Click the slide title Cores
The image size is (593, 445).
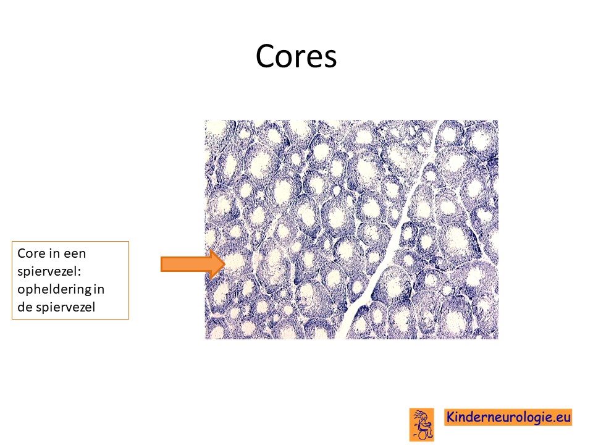(296, 56)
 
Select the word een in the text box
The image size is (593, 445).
(75, 253)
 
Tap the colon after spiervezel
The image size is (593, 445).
(80, 273)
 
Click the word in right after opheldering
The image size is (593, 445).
(99, 289)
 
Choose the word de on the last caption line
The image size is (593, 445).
(25, 307)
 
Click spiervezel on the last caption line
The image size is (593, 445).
(65, 308)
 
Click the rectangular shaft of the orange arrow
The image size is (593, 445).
(186, 264)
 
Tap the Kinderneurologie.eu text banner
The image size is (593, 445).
(508, 417)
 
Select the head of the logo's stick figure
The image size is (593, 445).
(424, 417)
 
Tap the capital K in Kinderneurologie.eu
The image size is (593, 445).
(450, 417)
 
